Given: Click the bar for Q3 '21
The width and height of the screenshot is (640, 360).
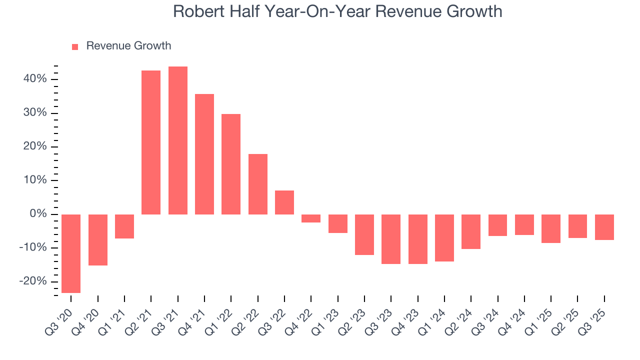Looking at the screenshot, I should pos(178,140).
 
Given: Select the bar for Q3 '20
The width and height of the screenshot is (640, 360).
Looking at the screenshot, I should pos(71,253).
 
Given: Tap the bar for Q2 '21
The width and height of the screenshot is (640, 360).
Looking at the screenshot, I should pos(151,142).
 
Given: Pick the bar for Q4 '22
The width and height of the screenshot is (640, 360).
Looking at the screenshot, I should pos(311,218).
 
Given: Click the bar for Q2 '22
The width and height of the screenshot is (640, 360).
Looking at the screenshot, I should pos(258,184).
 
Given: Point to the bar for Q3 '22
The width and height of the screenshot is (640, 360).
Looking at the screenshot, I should pos(284,202).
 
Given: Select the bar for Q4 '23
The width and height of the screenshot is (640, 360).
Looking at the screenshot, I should pos(418,239).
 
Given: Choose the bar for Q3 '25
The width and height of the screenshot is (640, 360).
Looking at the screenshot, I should pos(604,227).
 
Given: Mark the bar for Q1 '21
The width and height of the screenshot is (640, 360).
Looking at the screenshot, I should pos(124,226).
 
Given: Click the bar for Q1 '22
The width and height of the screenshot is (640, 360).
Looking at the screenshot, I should pos(231,164).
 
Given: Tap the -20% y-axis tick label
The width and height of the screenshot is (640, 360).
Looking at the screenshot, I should pos(33,281).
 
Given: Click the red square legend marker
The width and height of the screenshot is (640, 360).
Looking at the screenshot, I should pos(75,47).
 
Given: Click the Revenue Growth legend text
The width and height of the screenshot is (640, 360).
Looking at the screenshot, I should pos(128,46).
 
